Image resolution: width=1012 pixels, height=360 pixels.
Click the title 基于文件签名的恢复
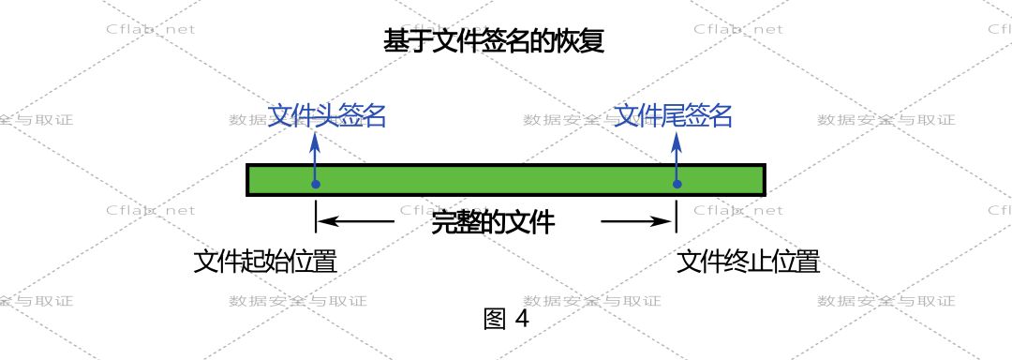[494, 42]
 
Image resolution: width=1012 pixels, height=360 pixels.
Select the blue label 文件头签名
[327, 116]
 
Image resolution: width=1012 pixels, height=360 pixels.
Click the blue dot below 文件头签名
[315, 184]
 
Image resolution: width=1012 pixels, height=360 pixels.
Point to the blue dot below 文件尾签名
[677, 184]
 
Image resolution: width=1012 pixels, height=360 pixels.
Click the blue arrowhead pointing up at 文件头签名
[315, 142]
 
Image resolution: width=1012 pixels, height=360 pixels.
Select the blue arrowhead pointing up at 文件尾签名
[677, 142]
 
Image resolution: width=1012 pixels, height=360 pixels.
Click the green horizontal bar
[506, 179]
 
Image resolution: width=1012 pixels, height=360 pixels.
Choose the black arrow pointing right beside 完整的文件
[637, 222]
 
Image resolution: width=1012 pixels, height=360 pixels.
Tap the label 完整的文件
[493, 223]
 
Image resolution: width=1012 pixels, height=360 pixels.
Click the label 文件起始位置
[265, 262]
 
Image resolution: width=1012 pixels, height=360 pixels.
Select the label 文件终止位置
[749, 262]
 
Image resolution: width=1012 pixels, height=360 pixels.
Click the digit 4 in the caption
[522, 319]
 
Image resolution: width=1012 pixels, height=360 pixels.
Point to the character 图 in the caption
[494, 319]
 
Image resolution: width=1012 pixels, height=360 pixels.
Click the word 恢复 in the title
[582, 42]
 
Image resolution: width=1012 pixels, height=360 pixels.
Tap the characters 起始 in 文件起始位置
[265, 262]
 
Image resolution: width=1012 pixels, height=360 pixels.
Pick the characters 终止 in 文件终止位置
[749, 262]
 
